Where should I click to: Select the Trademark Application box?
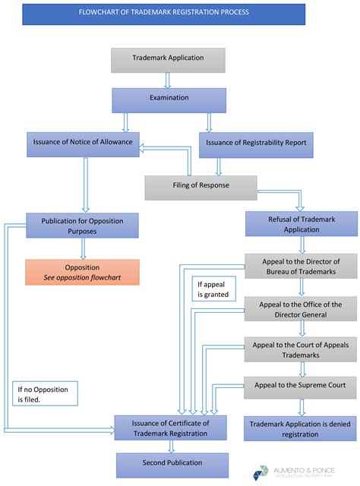(168, 59)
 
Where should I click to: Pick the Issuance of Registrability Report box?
(257, 144)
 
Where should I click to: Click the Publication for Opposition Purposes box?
(83, 225)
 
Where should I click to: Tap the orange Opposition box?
(83, 273)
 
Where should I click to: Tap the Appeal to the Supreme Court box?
(302, 386)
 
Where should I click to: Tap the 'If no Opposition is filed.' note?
(42, 395)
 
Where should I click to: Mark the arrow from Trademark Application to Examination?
(168, 80)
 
